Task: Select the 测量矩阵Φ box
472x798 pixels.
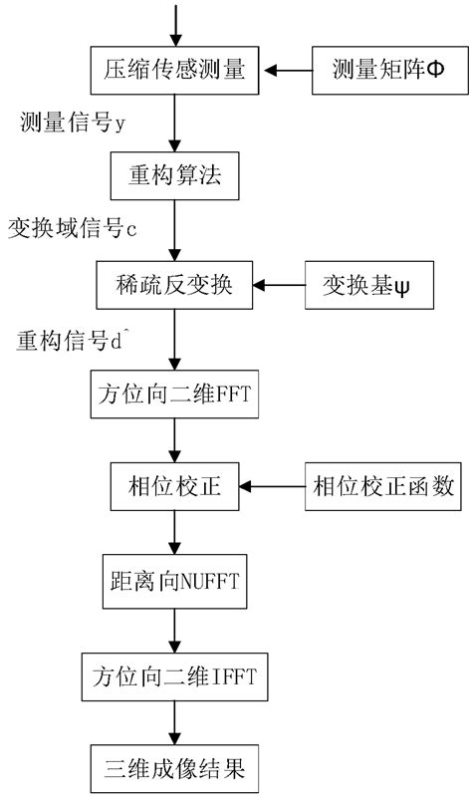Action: (387, 70)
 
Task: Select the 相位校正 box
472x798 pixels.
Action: (175, 485)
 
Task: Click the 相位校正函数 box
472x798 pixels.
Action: (382, 485)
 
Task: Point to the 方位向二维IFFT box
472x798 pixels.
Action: (175, 677)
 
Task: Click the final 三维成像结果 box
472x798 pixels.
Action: (175, 769)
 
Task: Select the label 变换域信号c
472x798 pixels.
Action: (72, 230)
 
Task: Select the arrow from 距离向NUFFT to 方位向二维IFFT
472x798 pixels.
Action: (175, 630)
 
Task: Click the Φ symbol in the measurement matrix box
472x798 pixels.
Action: (432, 71)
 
